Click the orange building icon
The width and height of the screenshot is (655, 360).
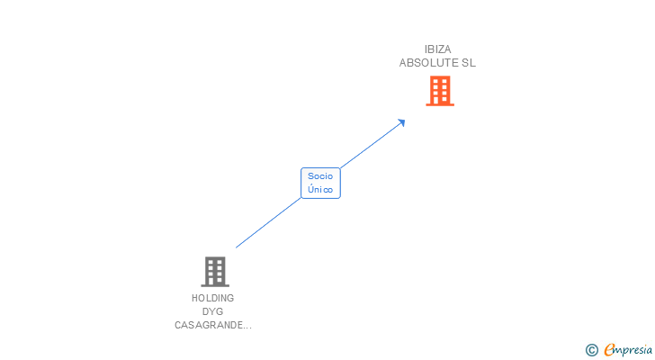coord(440,91)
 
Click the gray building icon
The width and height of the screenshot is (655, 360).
coord(215,272)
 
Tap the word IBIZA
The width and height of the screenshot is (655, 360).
coord(438,49)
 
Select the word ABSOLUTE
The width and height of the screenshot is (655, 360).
coord(428,63)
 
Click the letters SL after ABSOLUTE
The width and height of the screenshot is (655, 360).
coord(469,63)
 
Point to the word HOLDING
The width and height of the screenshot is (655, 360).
coord(212,298)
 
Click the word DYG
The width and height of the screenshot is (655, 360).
coord(212,311)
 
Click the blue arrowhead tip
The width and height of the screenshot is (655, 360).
coord(405,120)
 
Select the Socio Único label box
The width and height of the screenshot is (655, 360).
coord(320,183)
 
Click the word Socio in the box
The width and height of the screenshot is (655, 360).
coord(320,176)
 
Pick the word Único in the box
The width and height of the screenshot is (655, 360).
coord(320,190)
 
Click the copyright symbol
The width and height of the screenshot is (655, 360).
coord(591,350)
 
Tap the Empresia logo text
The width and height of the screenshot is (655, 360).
coord(628,349)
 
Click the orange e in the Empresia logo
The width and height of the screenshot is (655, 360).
coord(609,349)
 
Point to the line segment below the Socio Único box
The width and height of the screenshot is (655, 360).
coord(268,222)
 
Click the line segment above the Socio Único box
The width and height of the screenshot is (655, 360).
coord(372,145)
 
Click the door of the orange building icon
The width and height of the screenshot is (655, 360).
coord(436,100)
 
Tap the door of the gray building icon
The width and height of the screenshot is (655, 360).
coord(211,281)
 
